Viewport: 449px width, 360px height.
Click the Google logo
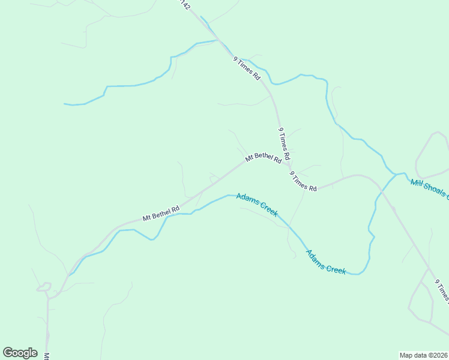pos(20,353)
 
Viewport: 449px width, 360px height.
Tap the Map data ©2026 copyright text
pos(423,355)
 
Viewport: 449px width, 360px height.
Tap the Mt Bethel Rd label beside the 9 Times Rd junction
pos(263,158)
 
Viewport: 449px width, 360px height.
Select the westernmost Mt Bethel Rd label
pos(161,214)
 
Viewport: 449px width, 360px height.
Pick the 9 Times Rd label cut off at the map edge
pos(441,292)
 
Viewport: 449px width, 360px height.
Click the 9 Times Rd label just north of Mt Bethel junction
pos(284,142)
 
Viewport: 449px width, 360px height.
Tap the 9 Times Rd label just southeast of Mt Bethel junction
pos(303,181)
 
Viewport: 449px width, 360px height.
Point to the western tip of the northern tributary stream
pos(65,104)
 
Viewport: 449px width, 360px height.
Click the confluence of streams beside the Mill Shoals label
pos(396,174)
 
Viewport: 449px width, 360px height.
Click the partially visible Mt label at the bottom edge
pos(46,356)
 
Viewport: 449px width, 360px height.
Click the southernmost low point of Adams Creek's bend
pos(358,274)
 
